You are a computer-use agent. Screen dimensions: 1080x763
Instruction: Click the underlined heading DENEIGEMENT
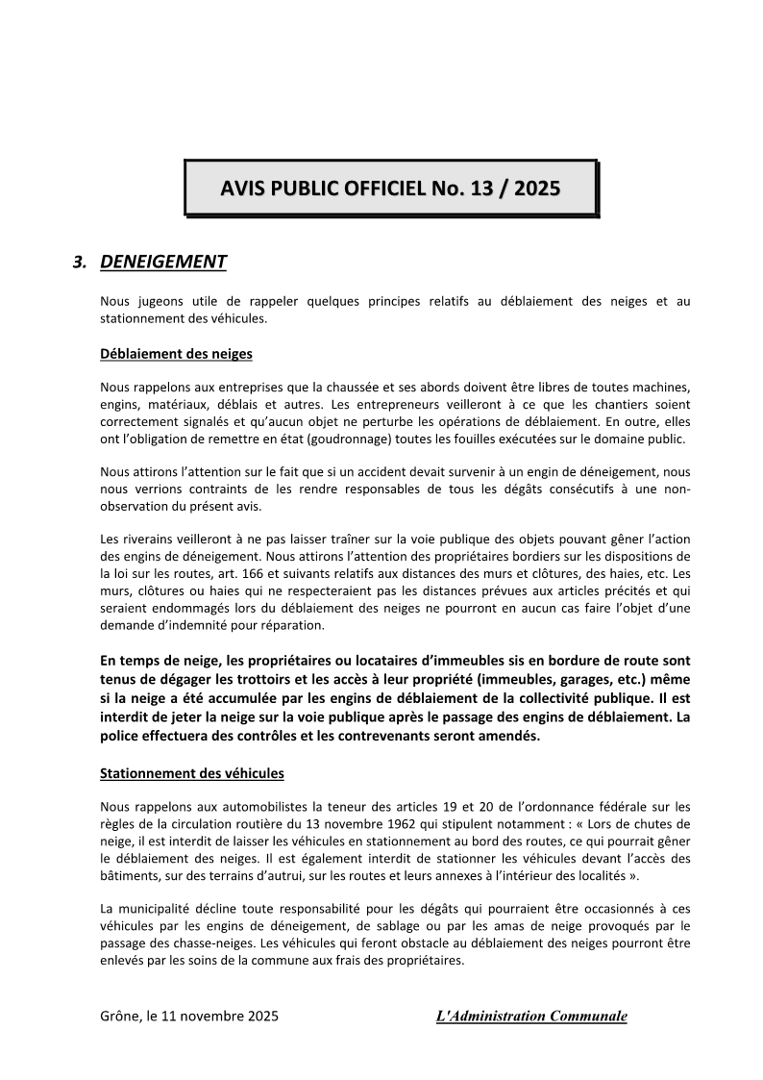(x=163, y=262)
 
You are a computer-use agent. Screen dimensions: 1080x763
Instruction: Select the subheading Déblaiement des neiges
(x=176, y=354)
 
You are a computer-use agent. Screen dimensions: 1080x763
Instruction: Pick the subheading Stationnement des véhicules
(x=191, y=773)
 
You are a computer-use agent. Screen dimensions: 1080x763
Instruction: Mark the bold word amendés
(x=509, y=736)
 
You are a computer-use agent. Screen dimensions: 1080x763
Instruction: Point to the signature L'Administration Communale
(x=530, y=1016)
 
